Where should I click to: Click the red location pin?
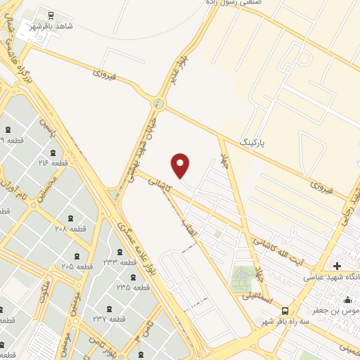point(181,165)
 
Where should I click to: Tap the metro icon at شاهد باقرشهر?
point(51,14)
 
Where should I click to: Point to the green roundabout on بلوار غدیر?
point(159,105)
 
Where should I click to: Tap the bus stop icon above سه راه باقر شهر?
point(285,311)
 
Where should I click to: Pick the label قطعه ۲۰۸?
point(70,229)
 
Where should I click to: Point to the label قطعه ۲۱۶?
point(52,163)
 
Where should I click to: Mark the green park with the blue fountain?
point(243,276)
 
